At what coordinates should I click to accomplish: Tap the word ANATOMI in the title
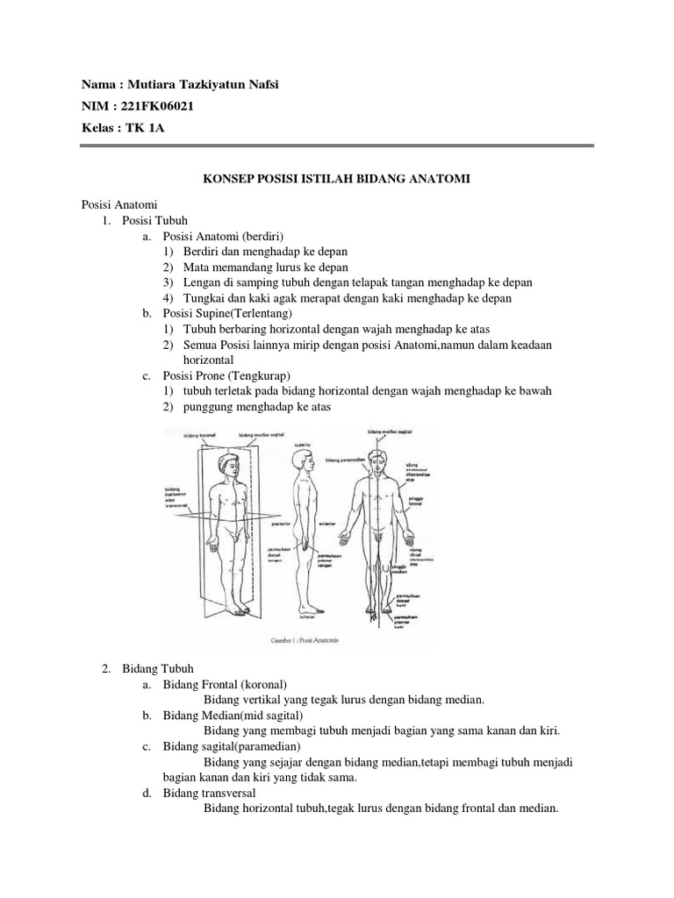(441, 179)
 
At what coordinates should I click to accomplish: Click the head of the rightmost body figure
(379, 460)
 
